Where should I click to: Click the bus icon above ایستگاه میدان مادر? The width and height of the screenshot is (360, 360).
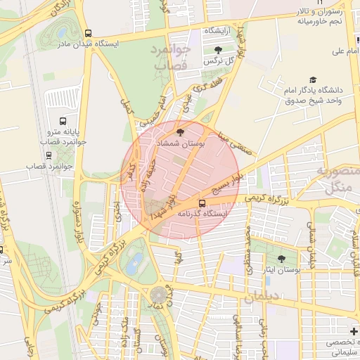click(87, 33)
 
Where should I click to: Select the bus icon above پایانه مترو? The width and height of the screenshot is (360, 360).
click(63, 121)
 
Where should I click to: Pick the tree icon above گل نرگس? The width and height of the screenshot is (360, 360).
click(217, 50)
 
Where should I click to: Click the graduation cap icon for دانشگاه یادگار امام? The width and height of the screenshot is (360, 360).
click(312, 81)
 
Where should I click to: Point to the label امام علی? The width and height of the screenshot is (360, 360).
click(346, 51)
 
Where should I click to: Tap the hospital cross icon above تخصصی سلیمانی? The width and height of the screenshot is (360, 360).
click(354, 330)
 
